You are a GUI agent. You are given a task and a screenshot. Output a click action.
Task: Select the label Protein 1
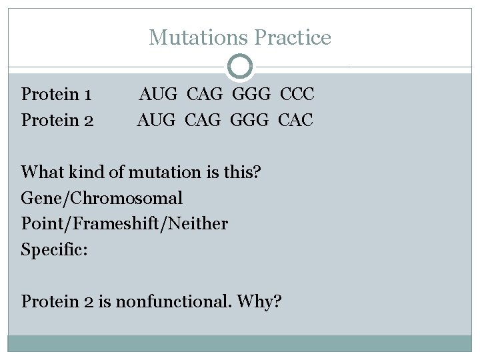[x=57, y=94]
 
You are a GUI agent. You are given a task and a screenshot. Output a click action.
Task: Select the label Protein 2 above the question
[x=57, y=121]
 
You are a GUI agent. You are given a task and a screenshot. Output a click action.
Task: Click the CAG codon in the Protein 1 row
[x=207, y=94]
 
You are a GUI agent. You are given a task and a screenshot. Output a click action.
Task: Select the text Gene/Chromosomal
[x=102, y=199]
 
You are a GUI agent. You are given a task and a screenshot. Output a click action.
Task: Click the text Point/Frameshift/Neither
[x=124, y=224]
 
